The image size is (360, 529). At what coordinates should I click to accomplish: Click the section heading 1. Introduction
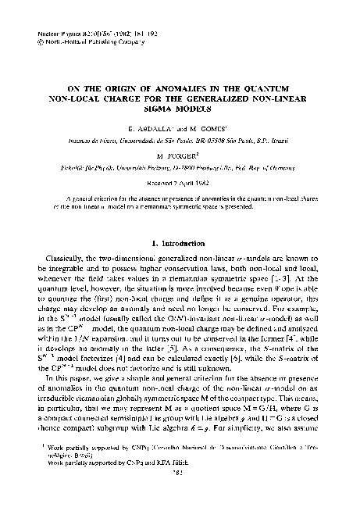180,243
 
